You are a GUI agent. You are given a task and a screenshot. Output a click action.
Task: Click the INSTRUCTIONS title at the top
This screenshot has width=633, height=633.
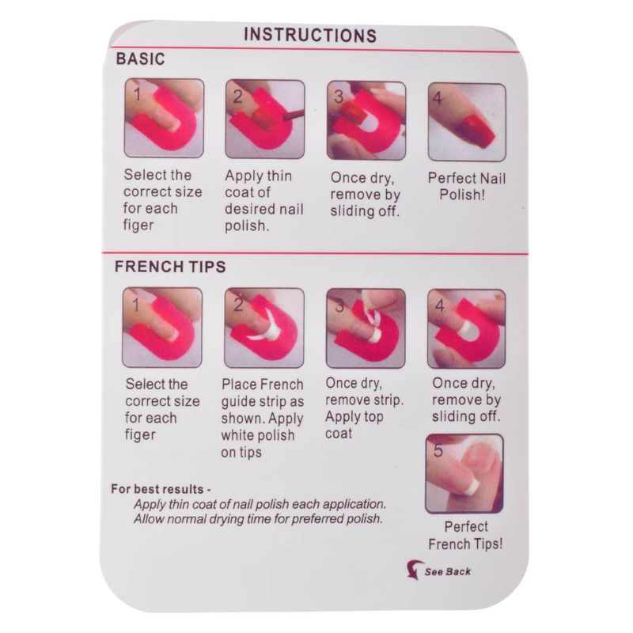click(310, 35)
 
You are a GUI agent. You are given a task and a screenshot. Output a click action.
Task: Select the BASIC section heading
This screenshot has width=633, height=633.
click(141, 59)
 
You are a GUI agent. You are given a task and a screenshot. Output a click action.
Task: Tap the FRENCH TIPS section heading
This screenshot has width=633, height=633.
click(170, 267)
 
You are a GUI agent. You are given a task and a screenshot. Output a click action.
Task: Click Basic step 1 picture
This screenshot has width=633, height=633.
click(164, 118)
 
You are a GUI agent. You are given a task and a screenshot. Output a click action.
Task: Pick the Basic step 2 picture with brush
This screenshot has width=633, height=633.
click(265, 119)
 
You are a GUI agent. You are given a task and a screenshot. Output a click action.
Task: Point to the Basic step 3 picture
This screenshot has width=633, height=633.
click(366, 121)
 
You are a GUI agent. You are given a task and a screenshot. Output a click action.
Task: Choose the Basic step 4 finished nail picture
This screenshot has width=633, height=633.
click(467, 122)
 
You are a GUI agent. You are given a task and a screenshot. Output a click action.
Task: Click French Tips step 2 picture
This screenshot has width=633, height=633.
click(264, 328)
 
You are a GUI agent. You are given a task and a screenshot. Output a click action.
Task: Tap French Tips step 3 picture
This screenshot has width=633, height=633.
click(366, 328)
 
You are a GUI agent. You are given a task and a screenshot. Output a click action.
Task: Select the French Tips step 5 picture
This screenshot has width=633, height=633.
click(464, 473)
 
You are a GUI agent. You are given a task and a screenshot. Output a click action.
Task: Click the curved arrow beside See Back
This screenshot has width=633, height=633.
click(414, 569)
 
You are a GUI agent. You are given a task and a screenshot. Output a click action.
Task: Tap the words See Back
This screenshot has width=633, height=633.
click(448, 571)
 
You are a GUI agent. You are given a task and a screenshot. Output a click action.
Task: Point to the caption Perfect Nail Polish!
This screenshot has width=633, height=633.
click(466, 187)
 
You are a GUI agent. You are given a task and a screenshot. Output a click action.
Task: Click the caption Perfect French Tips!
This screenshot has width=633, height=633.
click(465, 536)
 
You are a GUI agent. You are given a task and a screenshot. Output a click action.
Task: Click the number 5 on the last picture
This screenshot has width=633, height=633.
click(438, 450)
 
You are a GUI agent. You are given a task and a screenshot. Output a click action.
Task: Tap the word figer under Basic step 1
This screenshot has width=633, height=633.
click(138, 226)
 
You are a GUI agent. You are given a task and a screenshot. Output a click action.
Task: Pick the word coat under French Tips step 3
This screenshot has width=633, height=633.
click(339, 434)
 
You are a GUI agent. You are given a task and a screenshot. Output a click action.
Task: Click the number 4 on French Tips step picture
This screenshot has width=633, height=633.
click(440, 305)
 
